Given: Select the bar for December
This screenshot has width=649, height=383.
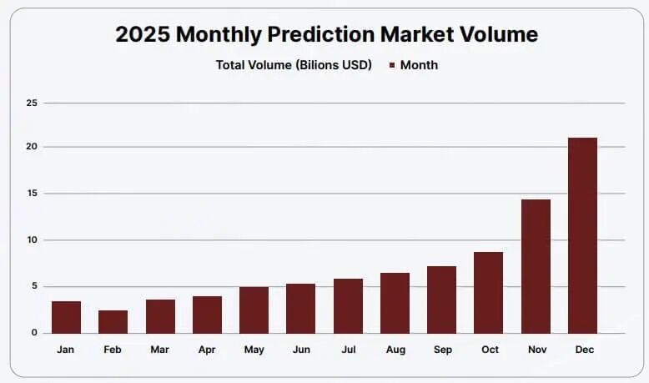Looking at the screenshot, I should tap(582, 235).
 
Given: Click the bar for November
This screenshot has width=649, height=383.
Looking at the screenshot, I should tap(536, 266).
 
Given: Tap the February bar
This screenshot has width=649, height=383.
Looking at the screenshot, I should tap(113, 321).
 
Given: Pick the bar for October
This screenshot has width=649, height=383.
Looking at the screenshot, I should tap(489, 292).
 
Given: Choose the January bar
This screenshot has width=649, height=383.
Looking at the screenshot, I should tap(66, 317).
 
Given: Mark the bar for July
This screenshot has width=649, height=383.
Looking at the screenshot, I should tap(348, 305).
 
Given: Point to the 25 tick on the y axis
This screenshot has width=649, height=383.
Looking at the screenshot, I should tap(32, 103).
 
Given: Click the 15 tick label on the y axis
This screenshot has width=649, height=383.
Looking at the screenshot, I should tap(32, 194).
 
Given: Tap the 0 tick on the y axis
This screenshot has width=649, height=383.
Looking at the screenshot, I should tap(34, 333).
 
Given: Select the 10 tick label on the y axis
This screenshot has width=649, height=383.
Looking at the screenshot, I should tap(32, 240).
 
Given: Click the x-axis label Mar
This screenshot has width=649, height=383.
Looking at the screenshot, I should tap(159, 350).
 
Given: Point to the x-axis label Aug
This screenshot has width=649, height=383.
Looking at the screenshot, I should tap(395, 350).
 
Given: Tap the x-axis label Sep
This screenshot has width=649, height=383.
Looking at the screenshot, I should tap(442, 350).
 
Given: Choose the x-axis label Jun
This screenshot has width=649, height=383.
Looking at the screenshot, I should tap(300, 350).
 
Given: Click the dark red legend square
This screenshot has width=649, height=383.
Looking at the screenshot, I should tap(390, 65).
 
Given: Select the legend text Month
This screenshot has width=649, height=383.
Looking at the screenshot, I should tap(419, 65).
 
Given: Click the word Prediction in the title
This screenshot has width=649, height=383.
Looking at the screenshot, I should tap(321, 35).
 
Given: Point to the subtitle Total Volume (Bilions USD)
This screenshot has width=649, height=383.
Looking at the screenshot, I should tap(294, 65).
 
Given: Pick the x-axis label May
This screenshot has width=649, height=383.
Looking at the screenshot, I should tap(254, 350).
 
